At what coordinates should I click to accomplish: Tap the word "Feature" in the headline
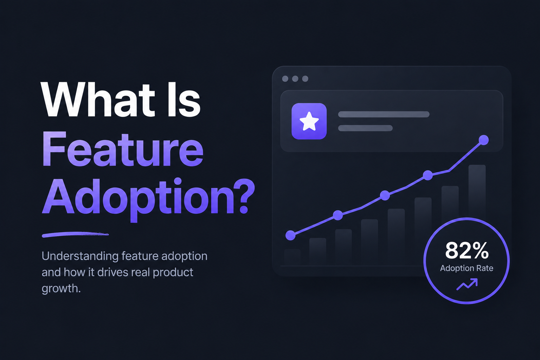[x=123, y=149]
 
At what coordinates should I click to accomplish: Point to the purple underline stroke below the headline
[x=75, y=234]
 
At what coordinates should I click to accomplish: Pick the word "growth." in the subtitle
[x=61, y=289]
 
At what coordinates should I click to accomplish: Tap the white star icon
[x=309, y=121]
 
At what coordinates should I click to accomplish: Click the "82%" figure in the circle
[x=467, y=251]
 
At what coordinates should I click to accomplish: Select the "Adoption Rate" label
[x=467, y=268]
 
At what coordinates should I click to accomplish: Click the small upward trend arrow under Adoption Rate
[x=467, y=284]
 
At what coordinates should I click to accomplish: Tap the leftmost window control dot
[x=285, y=79]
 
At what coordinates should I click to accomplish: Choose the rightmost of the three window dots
[x=305, y=79]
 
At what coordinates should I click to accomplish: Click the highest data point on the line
[x=484, y=140]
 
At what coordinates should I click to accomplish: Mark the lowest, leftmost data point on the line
[x=290, y=235]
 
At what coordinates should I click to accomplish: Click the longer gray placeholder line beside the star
[x=384, y=114]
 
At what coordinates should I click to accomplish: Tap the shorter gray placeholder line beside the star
[x=366, y=128]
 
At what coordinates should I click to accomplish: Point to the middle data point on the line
[x=385, y=195]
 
